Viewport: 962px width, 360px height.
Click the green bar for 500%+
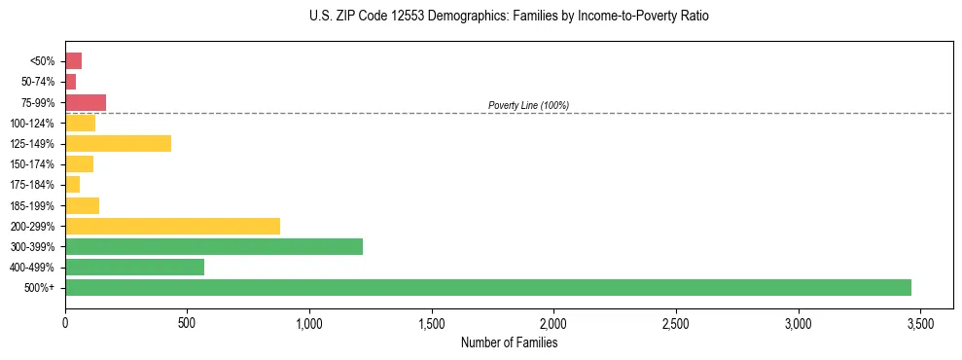[488, 287]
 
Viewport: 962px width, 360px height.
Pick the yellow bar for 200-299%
[173, 226]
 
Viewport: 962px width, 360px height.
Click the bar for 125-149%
[119, 143]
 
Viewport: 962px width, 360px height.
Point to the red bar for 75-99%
[86, 102]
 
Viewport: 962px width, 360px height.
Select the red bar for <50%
[74, 61]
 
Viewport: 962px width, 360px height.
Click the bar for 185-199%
[83, 205]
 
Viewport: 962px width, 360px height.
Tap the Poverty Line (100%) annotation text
[528, 105]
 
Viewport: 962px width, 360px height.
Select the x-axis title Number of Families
[510, 342]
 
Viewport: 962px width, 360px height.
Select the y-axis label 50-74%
[38, 82]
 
